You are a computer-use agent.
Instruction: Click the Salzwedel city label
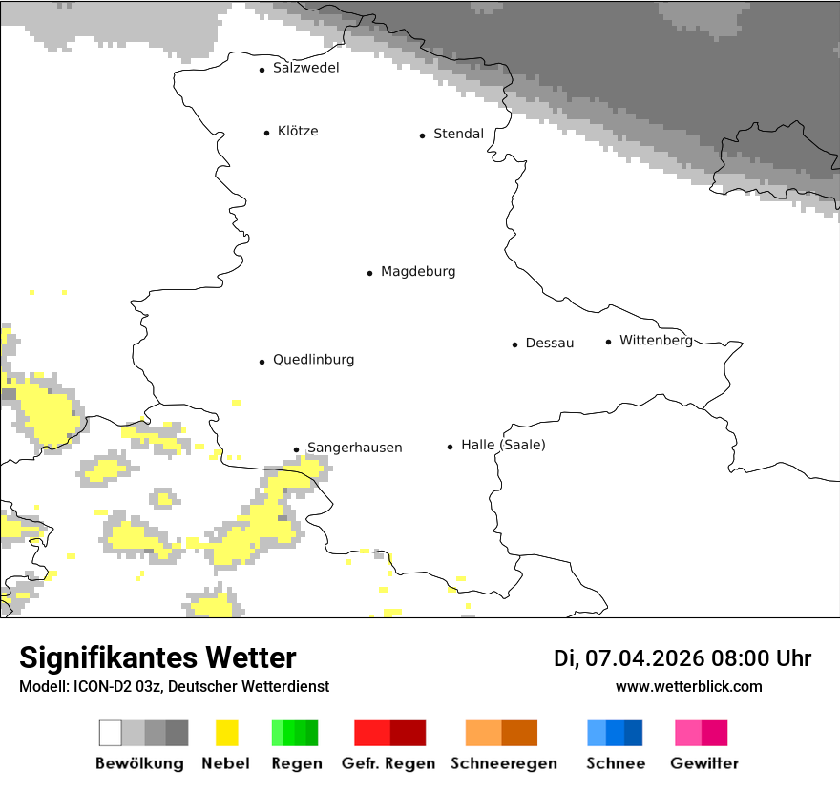click(x=305, y=68)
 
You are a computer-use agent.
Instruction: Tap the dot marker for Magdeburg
click(x=369, y=273)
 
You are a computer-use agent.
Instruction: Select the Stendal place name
click(x=458, y=134)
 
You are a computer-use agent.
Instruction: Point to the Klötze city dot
click(x=266, y=133)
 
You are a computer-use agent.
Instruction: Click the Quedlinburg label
click(x=313, y=360)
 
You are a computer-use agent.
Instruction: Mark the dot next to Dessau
click(x=514, y=344)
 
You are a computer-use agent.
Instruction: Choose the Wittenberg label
click(x=656, y=341)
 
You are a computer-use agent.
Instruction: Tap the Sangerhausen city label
click(x=354, y=448)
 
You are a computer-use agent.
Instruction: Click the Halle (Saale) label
click(x=503, y=445)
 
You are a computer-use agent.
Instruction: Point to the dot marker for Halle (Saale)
click(x=450, y=447)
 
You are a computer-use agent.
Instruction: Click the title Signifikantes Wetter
click(x=157, y=657)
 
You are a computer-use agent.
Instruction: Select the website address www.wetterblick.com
click(x=688, y=686)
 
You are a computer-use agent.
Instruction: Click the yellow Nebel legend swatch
click(x=226, y=733)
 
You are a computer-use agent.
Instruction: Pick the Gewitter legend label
click(x=703, y=763)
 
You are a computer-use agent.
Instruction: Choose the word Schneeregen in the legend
click(x=503, y=763)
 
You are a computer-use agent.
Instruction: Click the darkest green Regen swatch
click(x=312, y=733)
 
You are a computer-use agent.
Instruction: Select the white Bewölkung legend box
click(x=110, y=733)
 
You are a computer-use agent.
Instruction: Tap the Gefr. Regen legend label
click(x=388, y=763)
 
